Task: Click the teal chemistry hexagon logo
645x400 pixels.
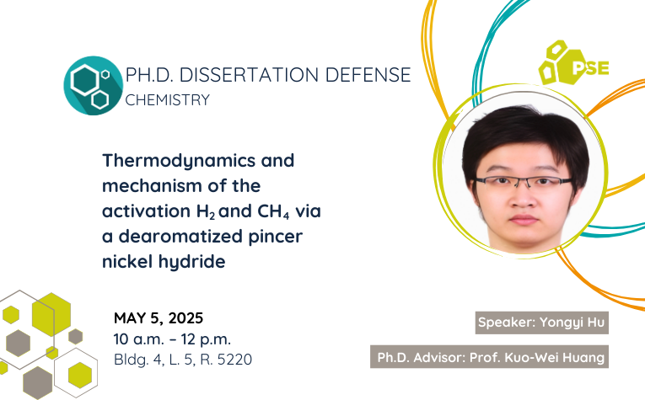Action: pyautogui.click(x=94, y=85)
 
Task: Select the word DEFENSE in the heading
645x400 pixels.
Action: pyautogui.click(x=368, y=75)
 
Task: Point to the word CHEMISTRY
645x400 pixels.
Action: pyautogui.click(x=168, y=100)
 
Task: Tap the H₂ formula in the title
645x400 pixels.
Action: pyautogui.click(x=206, y=212)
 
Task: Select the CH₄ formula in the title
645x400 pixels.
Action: pyautogui.click(x=273, y=212)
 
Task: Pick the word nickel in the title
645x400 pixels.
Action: pyautogui.click(x=127, y=261)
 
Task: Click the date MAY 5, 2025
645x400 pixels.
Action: pyautogui.click(x=159, y=318)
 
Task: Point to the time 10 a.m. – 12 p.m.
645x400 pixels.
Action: pyautogui.click(x=172, y=339)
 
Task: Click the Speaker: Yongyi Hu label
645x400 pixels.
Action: pyautogui.click(x=542, y=323)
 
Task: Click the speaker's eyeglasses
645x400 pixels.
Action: pyautogui.click(x=524, y=182)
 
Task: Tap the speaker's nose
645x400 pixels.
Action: pyautogui.click(x=523, y=197)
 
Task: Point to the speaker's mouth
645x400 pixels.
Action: pyautogui.click(x=524, y=219)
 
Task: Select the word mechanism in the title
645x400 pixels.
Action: pyautogui.click(x=153, y=186)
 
